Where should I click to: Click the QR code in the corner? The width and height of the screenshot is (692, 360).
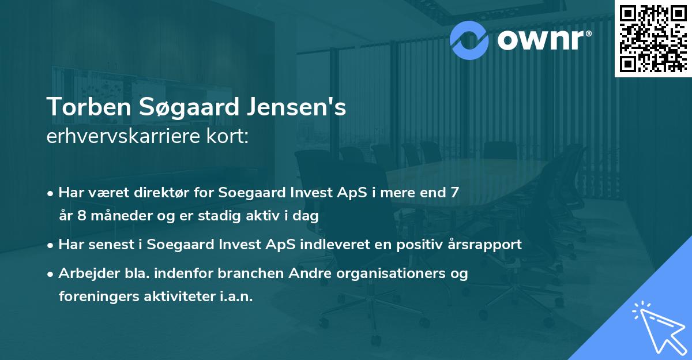[653, 38]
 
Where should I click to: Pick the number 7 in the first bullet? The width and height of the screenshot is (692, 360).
[456, 193]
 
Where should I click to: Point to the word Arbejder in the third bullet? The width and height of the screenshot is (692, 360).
[84, 273]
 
